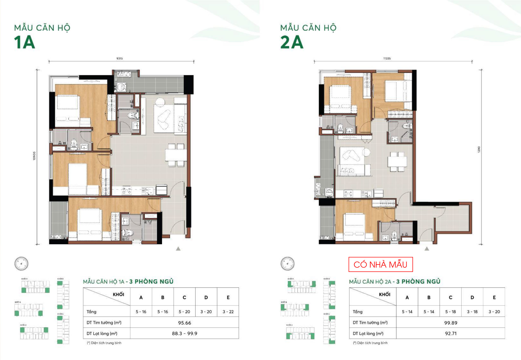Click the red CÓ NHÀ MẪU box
(380, 264)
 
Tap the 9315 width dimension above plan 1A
(120, 58)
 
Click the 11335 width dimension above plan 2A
(387, 58)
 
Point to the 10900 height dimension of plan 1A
(34, 156)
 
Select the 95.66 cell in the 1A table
(184, 323)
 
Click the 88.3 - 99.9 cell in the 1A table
(184, 333)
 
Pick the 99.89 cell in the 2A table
(450, 323)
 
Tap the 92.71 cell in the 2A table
(450, 333)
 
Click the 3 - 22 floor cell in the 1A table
(228, 312)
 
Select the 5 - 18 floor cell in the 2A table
(450, 312)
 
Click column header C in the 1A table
(184, 297)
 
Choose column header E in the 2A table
(494, 297)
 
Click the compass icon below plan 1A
(21, 263)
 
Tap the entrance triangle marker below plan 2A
(427, 249)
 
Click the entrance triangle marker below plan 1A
(178, 249)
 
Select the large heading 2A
(292, 42)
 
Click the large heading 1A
(25, 42)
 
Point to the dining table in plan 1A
(176, 155)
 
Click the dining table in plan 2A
(397, 162)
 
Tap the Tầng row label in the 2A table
(357, 312)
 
